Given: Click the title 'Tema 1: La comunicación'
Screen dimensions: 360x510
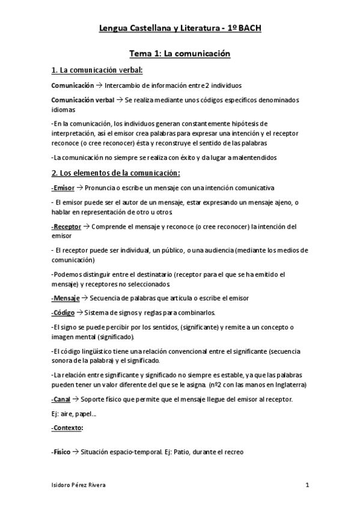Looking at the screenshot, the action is pos(180,54).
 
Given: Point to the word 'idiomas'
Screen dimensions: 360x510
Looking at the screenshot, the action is pos(64,110).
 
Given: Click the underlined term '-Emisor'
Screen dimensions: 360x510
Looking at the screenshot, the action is pos(63,187).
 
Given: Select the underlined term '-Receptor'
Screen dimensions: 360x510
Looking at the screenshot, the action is pos(66,227).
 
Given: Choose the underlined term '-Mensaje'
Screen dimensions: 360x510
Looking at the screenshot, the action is pos(66,298).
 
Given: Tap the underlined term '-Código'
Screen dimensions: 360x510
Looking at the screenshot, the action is pos(64,313).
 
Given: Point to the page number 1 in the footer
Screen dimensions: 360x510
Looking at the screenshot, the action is pos(307,485).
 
